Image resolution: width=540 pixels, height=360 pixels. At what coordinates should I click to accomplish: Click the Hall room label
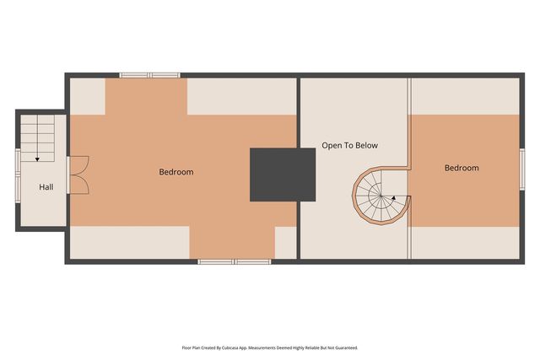coord(46,186)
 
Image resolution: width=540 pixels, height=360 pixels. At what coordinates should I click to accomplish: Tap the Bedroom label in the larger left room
coord(176,172)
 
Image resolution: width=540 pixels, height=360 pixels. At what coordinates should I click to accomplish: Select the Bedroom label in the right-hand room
coord(462,168)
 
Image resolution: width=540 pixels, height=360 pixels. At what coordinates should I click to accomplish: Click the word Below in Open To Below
coord(366,146)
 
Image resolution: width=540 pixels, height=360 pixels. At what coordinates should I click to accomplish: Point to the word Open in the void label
coord(332,146)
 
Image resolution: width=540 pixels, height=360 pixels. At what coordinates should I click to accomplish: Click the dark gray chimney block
coord(282,175)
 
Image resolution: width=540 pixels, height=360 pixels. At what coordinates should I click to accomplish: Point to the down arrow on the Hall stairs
coord(37,158)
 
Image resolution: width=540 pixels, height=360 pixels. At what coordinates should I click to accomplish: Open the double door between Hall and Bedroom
coord(78,175)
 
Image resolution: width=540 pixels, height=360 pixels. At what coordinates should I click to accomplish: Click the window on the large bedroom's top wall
coord(150,75)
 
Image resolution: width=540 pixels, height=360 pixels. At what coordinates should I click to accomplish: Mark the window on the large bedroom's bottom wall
coord(234,261)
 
